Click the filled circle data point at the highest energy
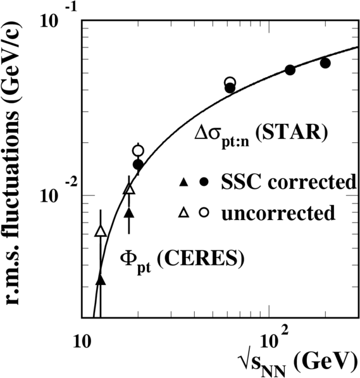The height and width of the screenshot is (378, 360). [x=325, y=63]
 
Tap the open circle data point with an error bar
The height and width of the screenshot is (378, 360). [x=138, y=151]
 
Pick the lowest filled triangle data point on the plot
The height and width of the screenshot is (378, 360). [x=101, y=280]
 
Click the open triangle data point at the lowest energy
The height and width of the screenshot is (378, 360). [x=101, y=231]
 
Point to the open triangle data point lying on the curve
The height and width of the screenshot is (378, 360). [x=129, y=189]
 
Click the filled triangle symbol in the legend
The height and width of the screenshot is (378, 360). [x=184, y=182]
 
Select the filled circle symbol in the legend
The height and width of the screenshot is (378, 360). [x=204, y=182]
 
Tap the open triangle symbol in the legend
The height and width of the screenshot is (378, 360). [x=184, y=212]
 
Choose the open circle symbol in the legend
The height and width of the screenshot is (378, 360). [x=204, y=212]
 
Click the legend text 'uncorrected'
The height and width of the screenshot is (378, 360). [x=278, y=212]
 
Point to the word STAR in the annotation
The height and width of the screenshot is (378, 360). [x=292, y=132]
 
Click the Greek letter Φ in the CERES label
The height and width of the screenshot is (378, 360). [x=128, y=259]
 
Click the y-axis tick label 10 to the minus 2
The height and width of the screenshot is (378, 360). [x=58, y=192]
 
